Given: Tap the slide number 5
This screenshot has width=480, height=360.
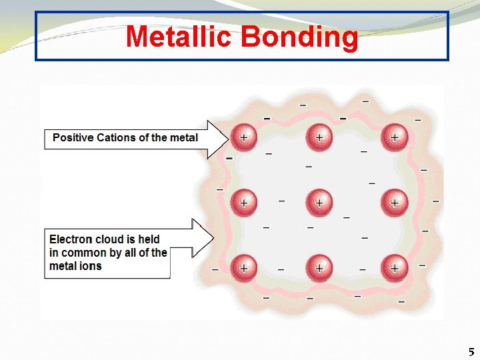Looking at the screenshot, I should (471, 352).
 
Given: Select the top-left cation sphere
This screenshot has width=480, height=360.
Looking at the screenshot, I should (243, 137).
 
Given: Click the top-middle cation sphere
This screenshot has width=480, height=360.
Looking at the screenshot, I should (319, 137).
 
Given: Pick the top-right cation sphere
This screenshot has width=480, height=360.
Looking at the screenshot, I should (394, 137).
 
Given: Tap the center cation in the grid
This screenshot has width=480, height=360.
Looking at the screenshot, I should (319, 202).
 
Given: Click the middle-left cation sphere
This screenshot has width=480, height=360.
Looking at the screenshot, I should (243, 202).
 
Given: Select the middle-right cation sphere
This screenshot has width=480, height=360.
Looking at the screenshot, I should (394, 202).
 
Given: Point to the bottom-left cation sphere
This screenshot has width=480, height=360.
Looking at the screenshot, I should (243, 267).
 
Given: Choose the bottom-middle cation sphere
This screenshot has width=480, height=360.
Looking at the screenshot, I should (319, 267).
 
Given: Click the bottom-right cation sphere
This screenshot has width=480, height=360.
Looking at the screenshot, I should (394, 267).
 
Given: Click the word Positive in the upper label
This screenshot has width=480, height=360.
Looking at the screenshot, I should (73, 138).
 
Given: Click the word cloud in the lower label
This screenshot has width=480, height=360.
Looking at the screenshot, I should (110, 239).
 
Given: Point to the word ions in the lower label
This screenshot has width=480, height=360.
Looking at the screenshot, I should (91, 266).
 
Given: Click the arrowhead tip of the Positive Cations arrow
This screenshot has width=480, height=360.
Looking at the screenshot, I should (227, 139).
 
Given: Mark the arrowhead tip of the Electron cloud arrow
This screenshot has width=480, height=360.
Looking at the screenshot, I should (213, 237).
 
